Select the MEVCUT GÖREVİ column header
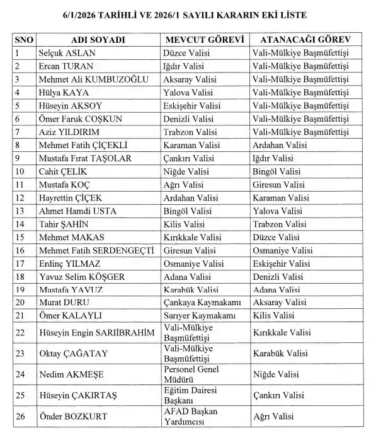point(203,40)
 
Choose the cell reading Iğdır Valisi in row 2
point(186,66)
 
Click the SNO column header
point(23,40)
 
